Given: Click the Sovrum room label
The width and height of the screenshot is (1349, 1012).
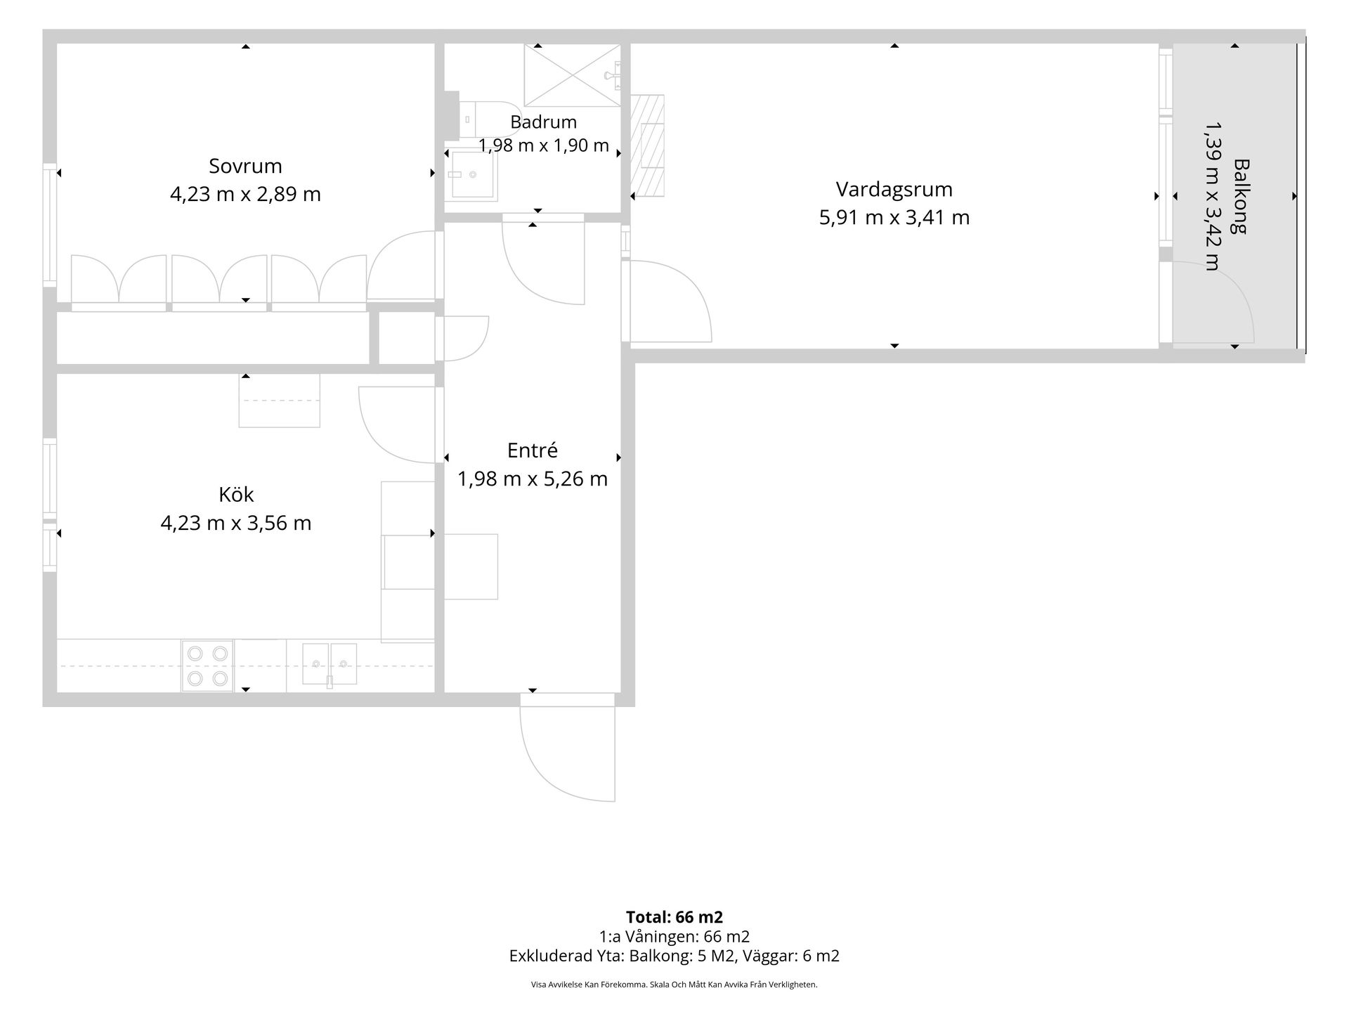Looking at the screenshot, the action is [x=245, y=167].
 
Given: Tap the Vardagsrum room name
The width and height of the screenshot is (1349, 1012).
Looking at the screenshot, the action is [x=894, y=190].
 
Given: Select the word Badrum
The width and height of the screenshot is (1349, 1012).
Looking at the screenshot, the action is [x=543, y=122].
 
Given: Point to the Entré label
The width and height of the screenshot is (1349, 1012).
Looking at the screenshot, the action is [x=532, y=450].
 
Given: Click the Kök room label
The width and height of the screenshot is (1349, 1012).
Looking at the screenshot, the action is [x=236, y=495].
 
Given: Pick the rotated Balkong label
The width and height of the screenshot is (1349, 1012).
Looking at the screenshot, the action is [x=1242, y=196].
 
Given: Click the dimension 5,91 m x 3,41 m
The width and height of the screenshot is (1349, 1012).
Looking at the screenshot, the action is [x=894, y=218].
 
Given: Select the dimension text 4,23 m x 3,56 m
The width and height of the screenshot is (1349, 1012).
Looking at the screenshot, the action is [x=236, y=524].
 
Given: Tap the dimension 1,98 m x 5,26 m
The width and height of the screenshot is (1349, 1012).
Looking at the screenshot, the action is [x=532, y=479].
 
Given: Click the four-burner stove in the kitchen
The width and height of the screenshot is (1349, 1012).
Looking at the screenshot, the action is [x=207, y=666].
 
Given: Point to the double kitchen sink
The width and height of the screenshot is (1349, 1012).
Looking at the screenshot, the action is [x=330, y=664].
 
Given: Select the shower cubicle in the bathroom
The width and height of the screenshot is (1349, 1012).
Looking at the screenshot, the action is [x=573, y=75].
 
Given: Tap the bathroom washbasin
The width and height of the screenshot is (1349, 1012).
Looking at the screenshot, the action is [x=471, y=175].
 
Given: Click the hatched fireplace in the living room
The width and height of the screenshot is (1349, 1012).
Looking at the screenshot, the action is [x=647, y=145].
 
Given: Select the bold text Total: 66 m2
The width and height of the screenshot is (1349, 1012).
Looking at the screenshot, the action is [x=674, y=917].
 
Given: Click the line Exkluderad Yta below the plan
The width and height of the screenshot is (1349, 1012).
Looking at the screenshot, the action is [x=674, y=956].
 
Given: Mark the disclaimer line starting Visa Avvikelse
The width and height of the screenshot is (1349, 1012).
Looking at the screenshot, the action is [x=674, y=985].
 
